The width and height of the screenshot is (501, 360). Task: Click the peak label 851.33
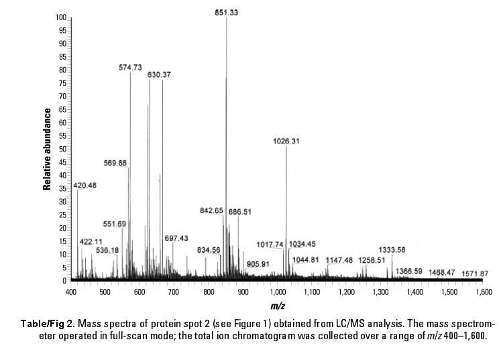tap(227, 11)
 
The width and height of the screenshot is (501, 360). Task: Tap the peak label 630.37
tap(160, 74)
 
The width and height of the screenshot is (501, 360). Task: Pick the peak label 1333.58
tap(392, 249)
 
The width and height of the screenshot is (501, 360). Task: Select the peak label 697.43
tap(176, 238)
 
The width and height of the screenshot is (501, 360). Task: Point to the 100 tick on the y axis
tap(62, 17)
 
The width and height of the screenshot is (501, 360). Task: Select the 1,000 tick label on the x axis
tap(277, 292)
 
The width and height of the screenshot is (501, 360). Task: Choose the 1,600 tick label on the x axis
tap(482, 292)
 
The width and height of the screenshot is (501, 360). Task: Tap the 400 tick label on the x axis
tap(71, 292)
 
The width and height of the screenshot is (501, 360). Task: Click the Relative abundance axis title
tap(48, 149)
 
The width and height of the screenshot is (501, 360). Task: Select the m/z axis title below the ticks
tap(276, 306)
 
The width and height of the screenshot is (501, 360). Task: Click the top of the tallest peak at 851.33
tap(227, 18)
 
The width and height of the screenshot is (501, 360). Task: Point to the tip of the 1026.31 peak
tap(286, 147)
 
